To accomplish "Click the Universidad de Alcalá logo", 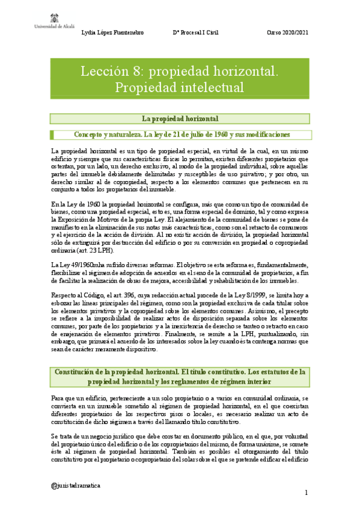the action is (x=28, y=18).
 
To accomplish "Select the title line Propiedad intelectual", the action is (x=180, y=87).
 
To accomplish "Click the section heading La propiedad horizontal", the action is (x=180, y=118).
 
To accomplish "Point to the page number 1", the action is (x=307, y=494).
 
